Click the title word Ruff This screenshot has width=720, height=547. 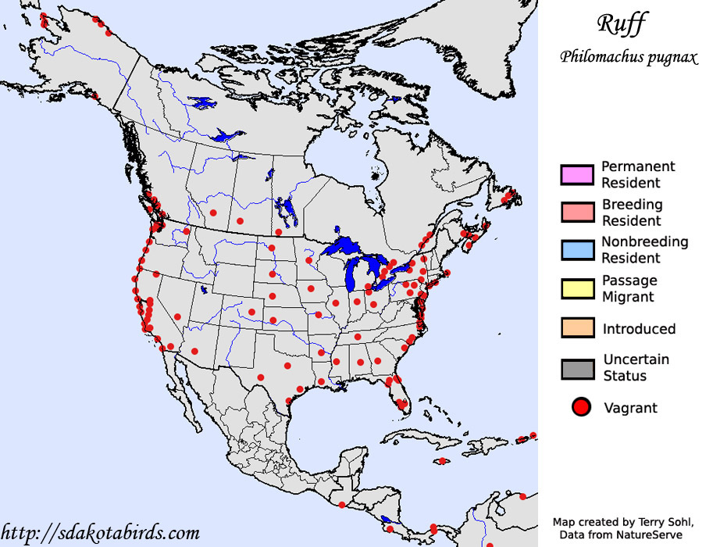tap(622, 24)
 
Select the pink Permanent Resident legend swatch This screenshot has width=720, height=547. tap(577, 174)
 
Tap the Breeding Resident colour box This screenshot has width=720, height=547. tap(577, 213)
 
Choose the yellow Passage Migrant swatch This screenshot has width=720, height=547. tap(577, 288)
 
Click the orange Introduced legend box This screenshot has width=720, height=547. tap(577, 328)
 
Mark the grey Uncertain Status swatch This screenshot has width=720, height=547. tap(577, 368)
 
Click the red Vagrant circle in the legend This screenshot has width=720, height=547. tap(581, 407)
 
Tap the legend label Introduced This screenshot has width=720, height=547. tap(639, 329)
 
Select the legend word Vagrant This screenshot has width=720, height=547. tap(631, 408)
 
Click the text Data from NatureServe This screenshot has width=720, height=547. tap(621, 534)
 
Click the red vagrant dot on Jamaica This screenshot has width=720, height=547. tap(443, 461)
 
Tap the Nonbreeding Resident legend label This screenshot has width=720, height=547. tap(644, 250)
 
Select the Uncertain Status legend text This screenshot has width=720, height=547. tap(636, 368)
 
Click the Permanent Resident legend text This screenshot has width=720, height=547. tap(637, 174)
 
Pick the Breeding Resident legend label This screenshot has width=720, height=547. tap(632, 213)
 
